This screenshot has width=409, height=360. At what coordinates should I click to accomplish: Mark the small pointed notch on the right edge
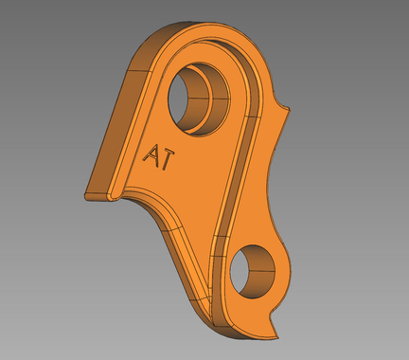282,101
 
